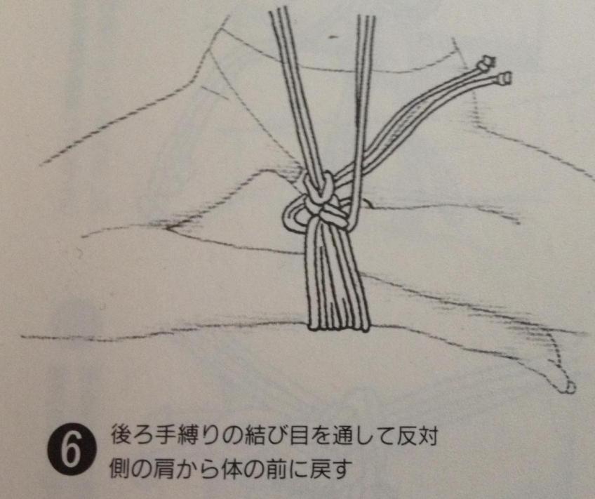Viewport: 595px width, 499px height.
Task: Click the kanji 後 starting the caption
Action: (121, 436)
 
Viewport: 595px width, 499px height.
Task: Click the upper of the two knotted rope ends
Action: (486, 63)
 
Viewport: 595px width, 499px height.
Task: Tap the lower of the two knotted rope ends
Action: (503, 78)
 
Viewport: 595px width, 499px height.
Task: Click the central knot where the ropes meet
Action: (323, 199)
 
